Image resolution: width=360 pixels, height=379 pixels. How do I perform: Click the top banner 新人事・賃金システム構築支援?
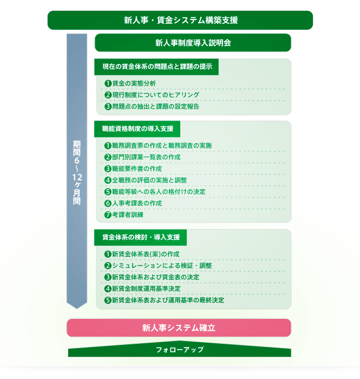[x=180, y=21]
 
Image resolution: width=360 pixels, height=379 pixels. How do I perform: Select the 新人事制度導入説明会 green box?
[x=193, y=43]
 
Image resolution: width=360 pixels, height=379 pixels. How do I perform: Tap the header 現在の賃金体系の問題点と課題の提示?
[x=156, y=67]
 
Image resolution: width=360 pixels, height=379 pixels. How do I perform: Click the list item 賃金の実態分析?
[x=134, y=83]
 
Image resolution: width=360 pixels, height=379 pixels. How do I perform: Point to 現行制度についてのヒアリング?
[x=155, y=95]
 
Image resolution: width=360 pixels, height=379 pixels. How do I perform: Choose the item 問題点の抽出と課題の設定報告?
[x=155, y=106]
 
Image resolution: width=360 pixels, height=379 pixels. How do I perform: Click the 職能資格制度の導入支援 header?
[x=138, y=129]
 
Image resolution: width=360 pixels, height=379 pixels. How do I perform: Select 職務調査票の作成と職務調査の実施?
[x=162, y=146]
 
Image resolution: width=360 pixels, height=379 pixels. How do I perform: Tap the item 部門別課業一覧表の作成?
[x=146, y=157]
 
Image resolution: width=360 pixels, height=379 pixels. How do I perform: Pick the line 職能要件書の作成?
[x=137, y=169]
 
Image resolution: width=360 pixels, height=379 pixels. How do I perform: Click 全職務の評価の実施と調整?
[x=149, y=180]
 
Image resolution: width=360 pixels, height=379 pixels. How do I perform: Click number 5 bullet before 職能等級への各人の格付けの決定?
[x=108, y=192]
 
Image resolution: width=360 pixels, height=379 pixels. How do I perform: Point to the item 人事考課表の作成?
[x=137, y=203]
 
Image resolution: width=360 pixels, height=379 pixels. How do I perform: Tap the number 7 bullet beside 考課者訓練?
[x=108, y=214]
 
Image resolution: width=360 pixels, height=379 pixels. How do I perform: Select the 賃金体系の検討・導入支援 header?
[x=140, y=237]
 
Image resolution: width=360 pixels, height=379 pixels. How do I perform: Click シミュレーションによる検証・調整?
[x=162, y=266]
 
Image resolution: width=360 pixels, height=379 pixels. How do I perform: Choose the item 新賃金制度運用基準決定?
[x=146, y=289]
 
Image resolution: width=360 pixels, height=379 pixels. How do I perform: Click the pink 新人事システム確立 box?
[x=179, y=328]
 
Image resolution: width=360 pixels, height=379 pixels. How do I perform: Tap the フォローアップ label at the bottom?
[x=180, y=350]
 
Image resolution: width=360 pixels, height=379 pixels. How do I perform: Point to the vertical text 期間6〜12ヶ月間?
[x=77, y=172]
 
